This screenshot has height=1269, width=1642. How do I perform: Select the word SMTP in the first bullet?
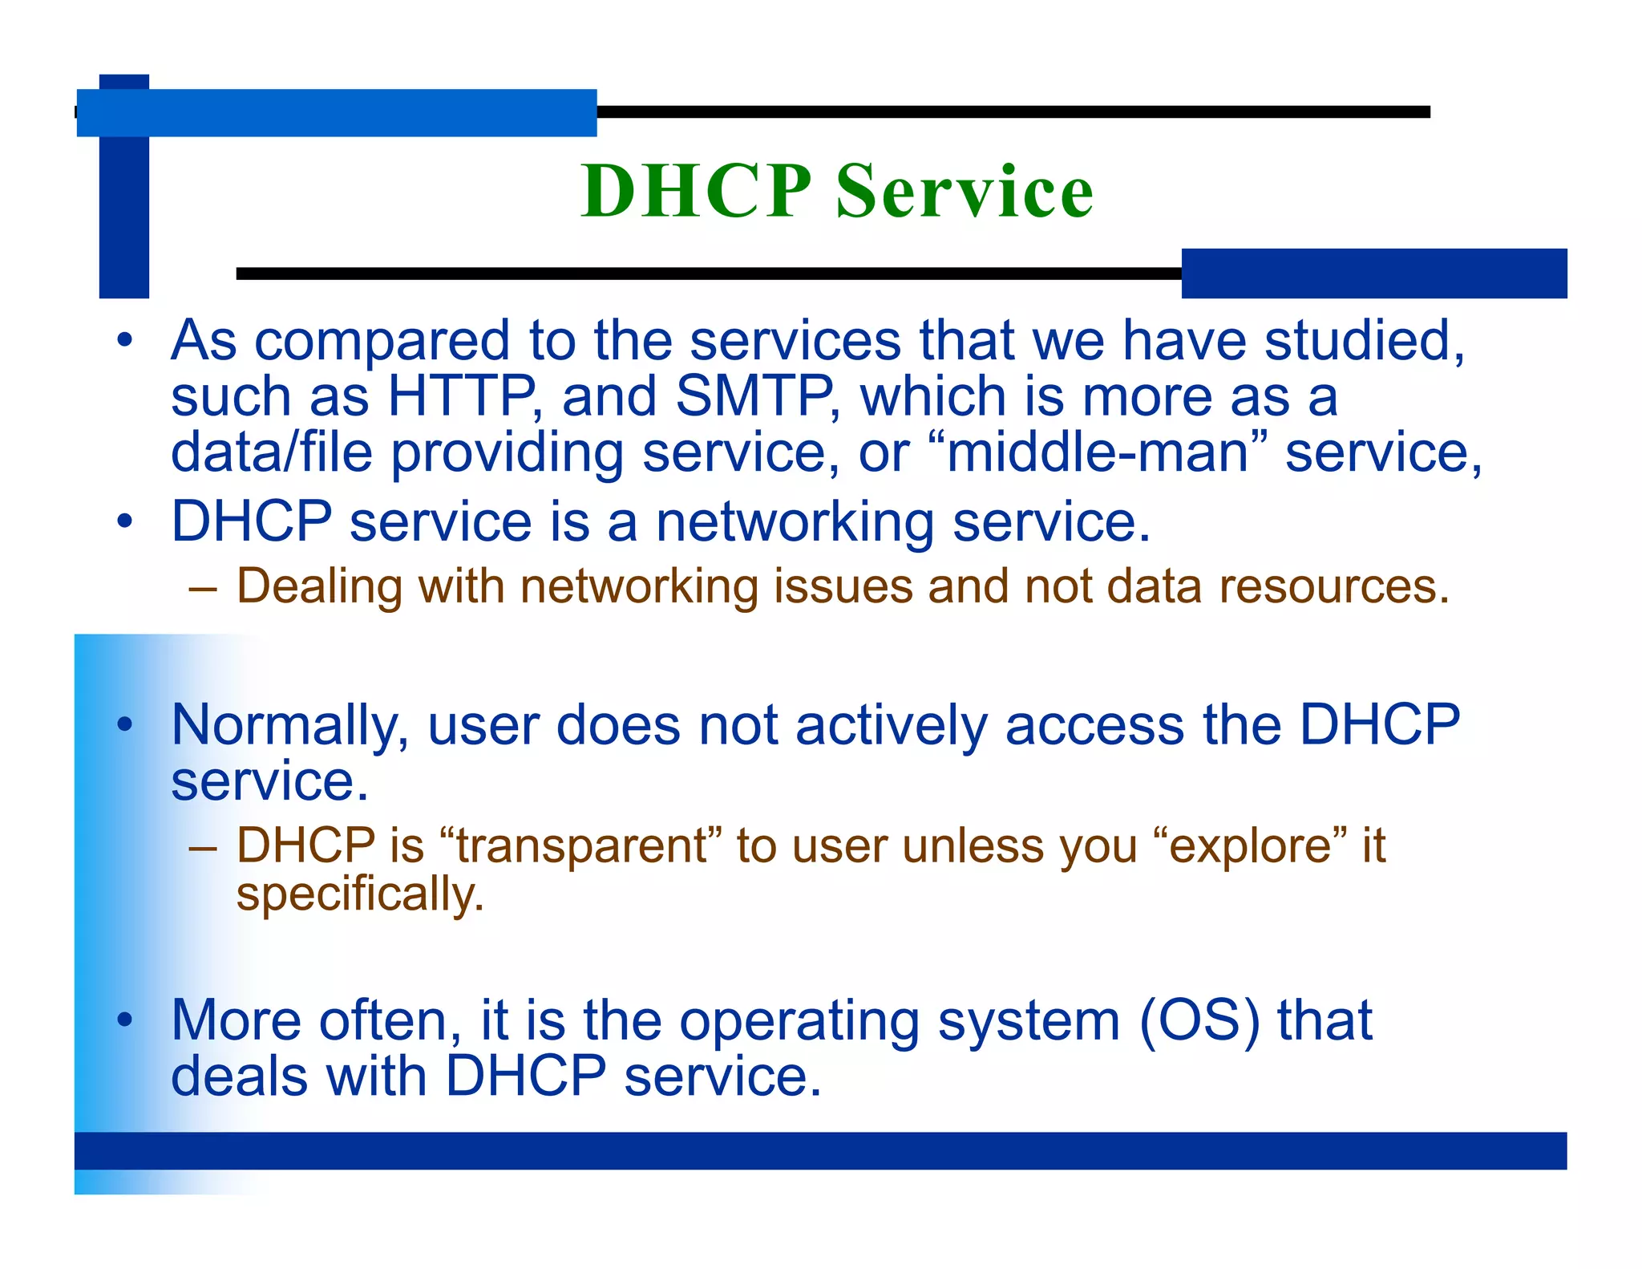pyautogui.click(x=754, y=396)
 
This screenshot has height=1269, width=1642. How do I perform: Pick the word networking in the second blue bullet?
pyautogui.click(x=795, y=523)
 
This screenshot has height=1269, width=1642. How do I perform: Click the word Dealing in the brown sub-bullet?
pyautogui.click(x=319, y=587)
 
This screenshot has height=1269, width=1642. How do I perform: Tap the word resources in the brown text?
pyautogui.click(x=1333, y=587)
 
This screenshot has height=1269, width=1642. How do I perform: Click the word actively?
pyautogui.click(x=890, y=725)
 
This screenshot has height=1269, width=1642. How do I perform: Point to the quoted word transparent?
pyautogui.click(x=582, y=846)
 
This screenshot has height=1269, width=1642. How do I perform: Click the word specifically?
pyautogui.click(x=360, y=895)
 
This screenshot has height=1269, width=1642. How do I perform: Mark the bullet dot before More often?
pyautogui.click(x=124, y=1020)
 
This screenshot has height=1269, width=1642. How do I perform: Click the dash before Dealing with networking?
pyautogui.click(x=203, y=588)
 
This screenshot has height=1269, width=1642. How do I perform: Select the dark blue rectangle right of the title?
pyautogui.click(x=1373, y=274)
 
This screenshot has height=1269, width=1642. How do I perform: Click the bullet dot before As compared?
pyautogui.click(x=124, y=340)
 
